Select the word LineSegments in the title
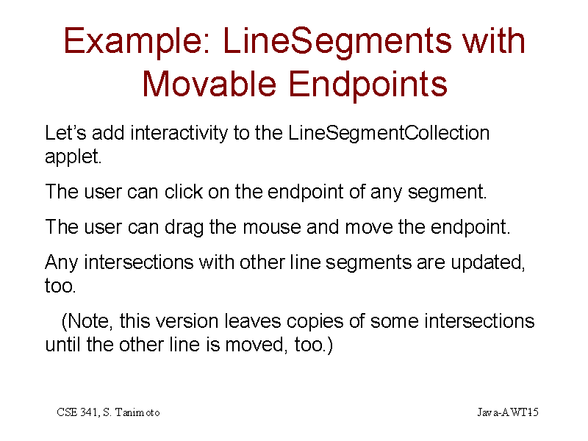[x=337, y=41]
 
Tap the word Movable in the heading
[x=209, y=84]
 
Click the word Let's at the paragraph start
[x=65, y=133]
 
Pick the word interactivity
[x=179, y=134]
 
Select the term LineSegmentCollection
[x=389, y=134]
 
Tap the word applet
[x=73, y=157]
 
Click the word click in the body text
[x=184, y=192]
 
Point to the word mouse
[x=272, y=228]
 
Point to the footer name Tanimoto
[x=137, y=412]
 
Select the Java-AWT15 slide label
[x=508, y=412]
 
